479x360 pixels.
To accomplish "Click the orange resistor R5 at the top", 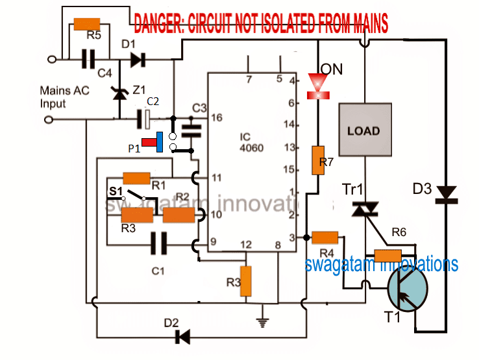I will click(x=86, y=24).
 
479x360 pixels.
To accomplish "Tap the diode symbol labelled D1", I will click(x=136, y=60).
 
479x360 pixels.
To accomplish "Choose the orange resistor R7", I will click(x=318, y=160).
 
